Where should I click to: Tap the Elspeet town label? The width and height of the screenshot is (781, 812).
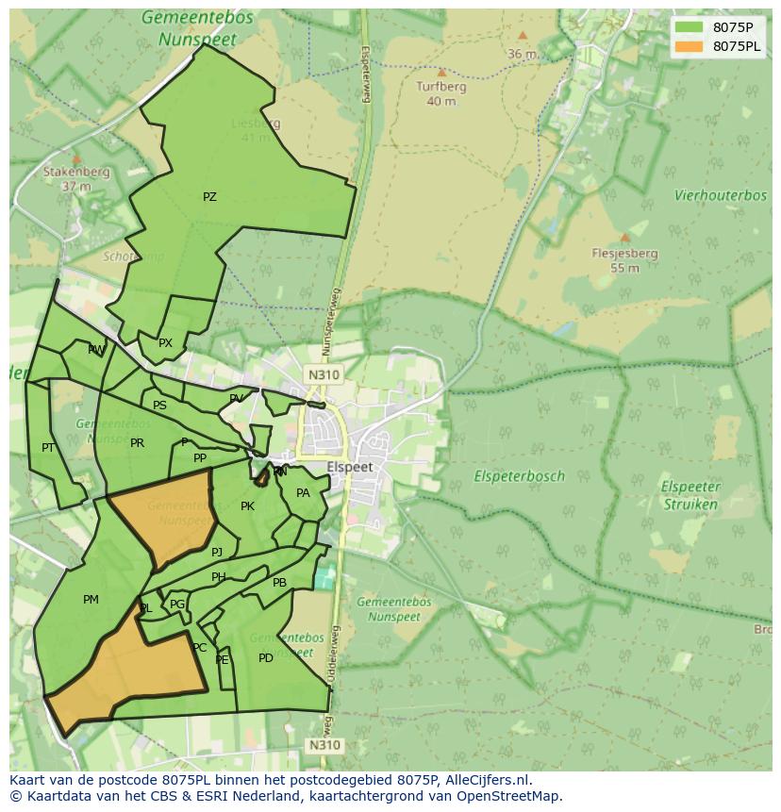350,467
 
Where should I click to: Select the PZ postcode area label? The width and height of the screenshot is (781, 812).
209,197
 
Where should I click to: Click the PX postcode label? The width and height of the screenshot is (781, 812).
165,343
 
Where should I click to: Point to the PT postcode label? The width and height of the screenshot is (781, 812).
48,448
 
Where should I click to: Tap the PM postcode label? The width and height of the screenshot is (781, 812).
91,600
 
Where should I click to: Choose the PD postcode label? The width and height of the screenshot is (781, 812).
266,658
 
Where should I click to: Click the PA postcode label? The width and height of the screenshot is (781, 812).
303,493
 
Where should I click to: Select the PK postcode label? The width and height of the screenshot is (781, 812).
247,506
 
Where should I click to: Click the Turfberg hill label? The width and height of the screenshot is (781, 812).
440,86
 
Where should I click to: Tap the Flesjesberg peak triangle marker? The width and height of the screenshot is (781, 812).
624,238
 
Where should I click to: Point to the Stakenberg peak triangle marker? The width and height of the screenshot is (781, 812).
76,159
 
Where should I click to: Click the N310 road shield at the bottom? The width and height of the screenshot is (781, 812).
324,745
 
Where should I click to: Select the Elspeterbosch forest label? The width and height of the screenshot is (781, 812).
520,476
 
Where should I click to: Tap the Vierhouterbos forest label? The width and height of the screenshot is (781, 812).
720,195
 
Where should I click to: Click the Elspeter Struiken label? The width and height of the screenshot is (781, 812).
690,495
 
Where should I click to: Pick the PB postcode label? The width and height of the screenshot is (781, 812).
279,583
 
